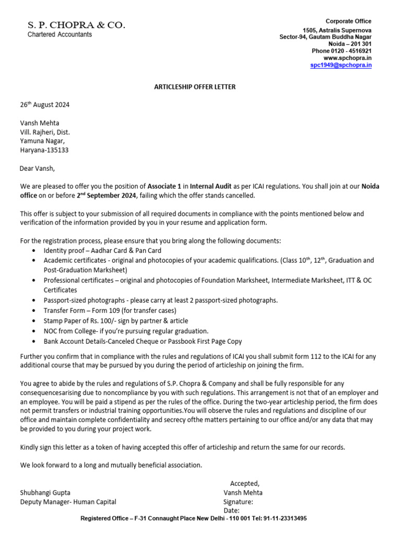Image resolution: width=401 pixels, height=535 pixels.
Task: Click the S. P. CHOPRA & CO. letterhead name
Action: (76, 25)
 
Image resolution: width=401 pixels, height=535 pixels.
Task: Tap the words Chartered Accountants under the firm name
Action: (60, 34)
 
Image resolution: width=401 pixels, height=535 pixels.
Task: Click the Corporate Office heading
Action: (348, 21)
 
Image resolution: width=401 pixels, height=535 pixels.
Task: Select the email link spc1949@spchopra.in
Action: (341, 65)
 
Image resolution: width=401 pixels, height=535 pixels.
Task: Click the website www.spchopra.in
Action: (348, 58)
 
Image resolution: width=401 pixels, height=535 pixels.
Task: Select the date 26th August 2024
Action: (44, 104)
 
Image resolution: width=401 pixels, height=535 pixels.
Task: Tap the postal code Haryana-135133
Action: (44, 150)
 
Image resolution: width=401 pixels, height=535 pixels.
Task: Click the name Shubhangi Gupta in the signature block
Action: (45, 492)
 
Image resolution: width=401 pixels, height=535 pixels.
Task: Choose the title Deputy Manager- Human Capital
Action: (68, 502)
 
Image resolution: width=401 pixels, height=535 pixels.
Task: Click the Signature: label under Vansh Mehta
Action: (238, 502)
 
